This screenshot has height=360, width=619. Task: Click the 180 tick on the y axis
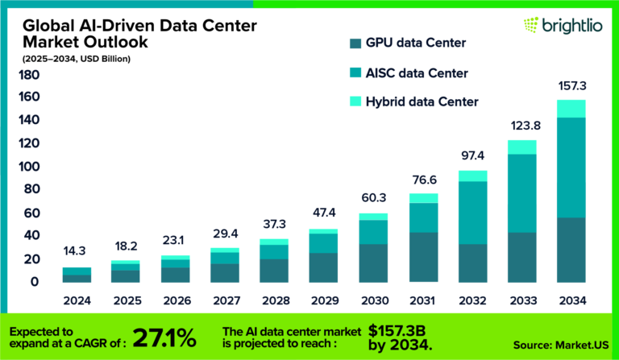(x=29, y=76)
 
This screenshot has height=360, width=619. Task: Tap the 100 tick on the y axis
(x=29, y=168)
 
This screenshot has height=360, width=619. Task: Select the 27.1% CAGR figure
(x=160, y=336)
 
